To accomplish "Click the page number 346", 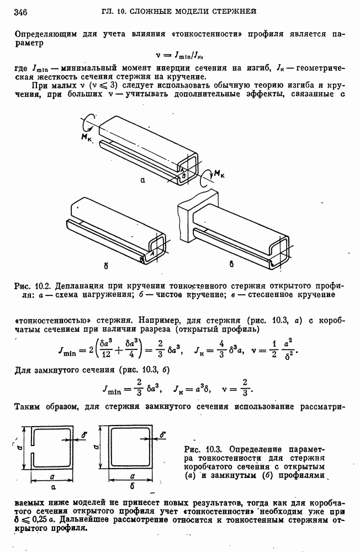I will click(21, 12).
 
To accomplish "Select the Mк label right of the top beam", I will click(219, 174).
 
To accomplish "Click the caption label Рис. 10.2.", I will click(34, 286).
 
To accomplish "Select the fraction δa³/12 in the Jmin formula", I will click(98, 351).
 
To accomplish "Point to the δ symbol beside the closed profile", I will click(165, 436).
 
